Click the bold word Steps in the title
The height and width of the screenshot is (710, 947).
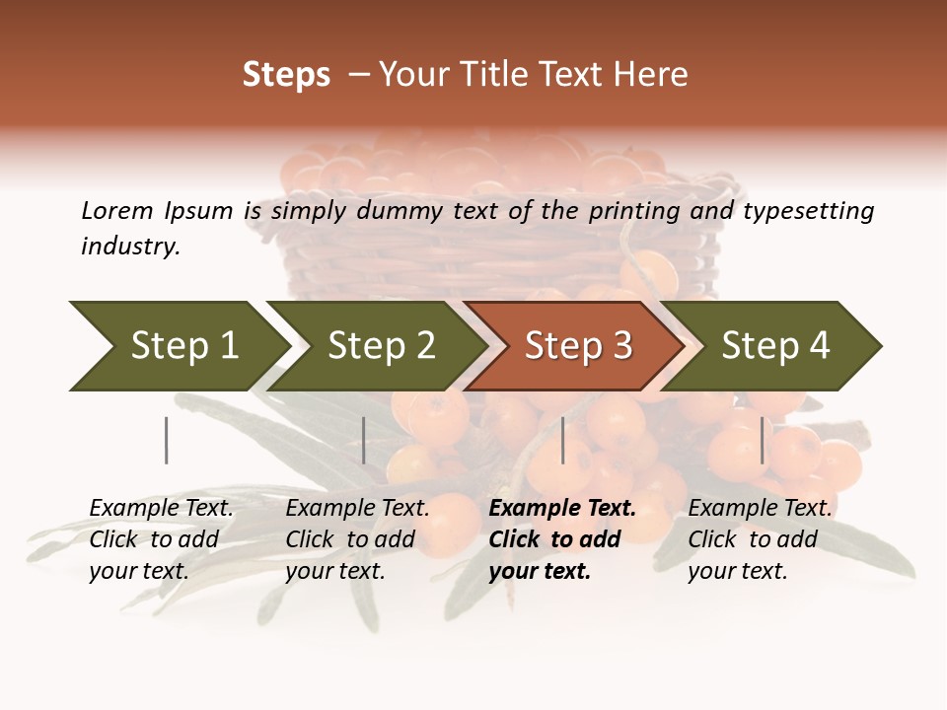(286, 75)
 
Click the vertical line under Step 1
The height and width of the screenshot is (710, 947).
(166, 440)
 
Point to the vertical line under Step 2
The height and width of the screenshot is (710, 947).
(364, 440)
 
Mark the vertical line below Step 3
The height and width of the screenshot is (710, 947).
(563, 440)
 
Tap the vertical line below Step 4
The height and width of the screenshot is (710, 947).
(763, 440)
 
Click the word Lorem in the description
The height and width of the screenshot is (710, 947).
(117, 210)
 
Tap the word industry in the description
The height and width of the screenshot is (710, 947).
(130, 247)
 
